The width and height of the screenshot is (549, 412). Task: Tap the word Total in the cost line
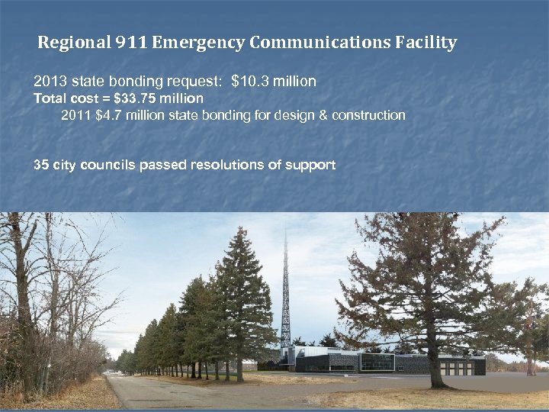pyautogui.click(x=50, y=98)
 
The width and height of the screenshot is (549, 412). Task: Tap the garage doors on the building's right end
pyautogui.click(x=457, y=368)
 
